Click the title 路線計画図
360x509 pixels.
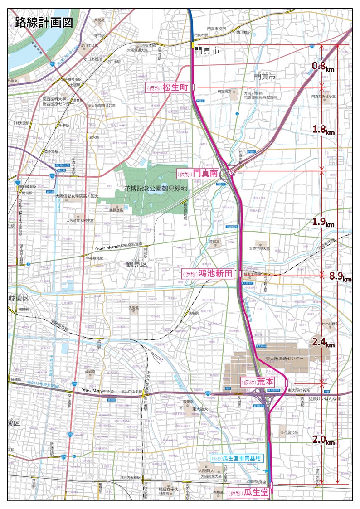44,23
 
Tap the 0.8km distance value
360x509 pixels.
323,67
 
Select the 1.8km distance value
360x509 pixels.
323,130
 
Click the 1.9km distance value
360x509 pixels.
323,222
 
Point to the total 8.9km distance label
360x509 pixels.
340,276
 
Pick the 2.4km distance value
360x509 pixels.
323,343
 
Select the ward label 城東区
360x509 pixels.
19,298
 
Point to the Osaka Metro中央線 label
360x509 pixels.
98,391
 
